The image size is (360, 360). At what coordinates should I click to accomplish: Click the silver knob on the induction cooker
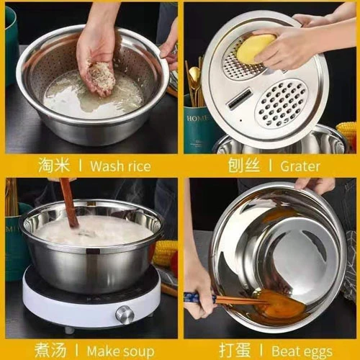(125, 315)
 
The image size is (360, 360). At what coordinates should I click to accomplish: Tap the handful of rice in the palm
(102, 77)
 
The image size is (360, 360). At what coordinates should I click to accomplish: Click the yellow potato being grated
(256, 49)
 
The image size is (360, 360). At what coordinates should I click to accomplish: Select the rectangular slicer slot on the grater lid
(239, 99)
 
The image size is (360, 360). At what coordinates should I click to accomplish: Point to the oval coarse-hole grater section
(281, 103)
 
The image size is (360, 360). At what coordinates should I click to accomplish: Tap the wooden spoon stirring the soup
(69, 202)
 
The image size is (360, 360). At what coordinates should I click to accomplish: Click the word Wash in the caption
(106, 166)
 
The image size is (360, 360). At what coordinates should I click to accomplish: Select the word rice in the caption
(138, 166)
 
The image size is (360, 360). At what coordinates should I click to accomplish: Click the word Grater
(300, 166)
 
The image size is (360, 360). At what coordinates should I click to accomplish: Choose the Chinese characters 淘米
(54, 166)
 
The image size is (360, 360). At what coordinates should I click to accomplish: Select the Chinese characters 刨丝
(244, 166)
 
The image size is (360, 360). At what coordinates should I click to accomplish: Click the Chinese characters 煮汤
(50, 351)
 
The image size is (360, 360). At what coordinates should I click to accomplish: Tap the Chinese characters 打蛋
(235, 351)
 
